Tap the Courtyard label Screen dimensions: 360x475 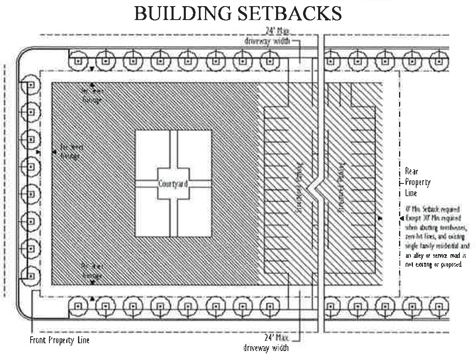(173, 184)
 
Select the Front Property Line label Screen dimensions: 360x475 (59, 340)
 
